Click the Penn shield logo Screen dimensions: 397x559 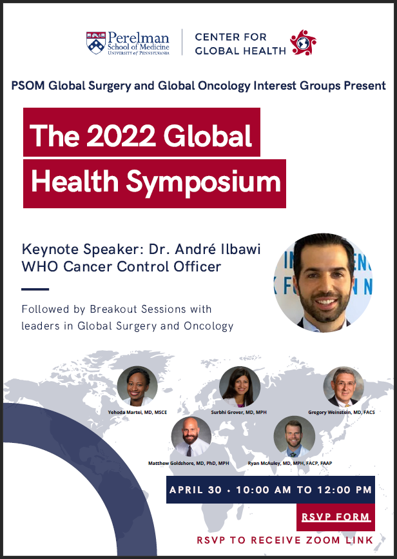[96, 43]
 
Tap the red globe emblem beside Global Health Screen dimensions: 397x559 [303, 43]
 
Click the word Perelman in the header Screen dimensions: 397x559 [139, 37]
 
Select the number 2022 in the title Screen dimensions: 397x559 [121, 135]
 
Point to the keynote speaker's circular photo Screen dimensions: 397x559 [323, 282]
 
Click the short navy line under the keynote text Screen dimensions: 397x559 [35, 289]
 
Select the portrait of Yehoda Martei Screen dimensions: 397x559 [137, 386]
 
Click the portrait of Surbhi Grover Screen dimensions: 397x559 [240, 386]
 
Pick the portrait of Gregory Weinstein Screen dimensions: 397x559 [344, 386]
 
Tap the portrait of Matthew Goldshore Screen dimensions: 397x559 [191, 436]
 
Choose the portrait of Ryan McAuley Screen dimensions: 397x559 [294, 436]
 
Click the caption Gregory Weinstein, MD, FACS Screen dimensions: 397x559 [342, 412]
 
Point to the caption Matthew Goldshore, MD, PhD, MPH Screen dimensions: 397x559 [189, 463]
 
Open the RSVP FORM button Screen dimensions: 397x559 [336, 517]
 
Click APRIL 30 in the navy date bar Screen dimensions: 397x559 [195, 490]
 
